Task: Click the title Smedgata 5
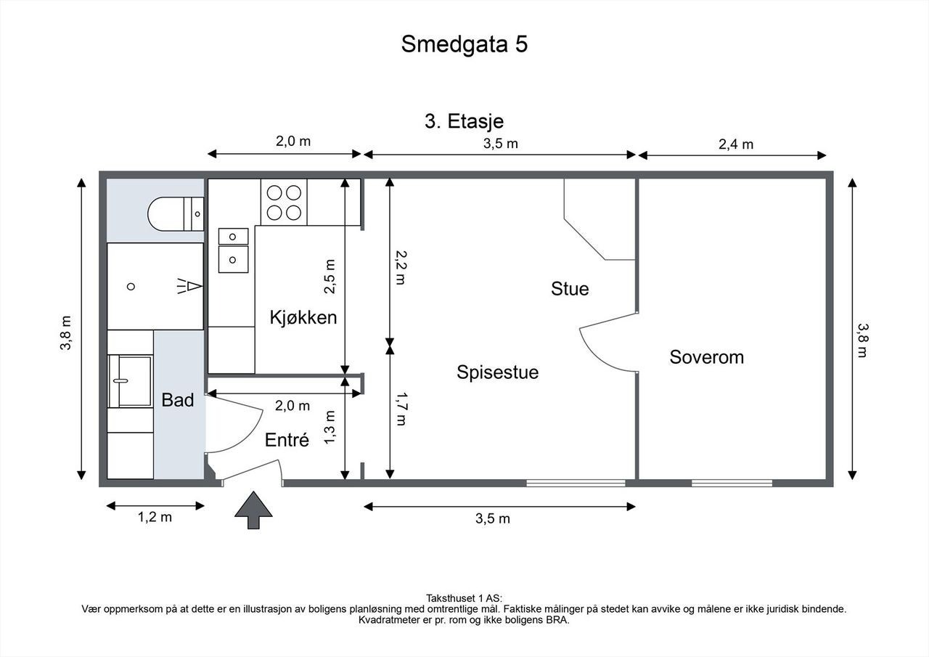(464, 44)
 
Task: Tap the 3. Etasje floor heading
(464, 121)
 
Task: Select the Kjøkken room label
(303, 318)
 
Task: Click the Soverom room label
(707, 357)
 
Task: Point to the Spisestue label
(498, 372)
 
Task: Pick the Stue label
(570, 289)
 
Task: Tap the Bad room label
(178, 400)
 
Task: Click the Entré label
(287, 440)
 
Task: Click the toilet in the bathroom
(176, 214)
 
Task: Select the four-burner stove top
(284, 203)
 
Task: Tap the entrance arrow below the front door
(253, 510)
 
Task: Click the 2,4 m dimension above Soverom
(736, 144)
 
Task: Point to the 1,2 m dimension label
(155, 517)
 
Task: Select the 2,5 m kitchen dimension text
(330, 277)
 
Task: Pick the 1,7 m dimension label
(401, 409)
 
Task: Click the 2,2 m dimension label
(401, 268)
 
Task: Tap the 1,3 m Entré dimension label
(330, 427)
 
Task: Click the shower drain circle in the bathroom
(131, 287)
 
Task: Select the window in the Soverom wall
(732, 483)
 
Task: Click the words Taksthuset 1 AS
(464, 598)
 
